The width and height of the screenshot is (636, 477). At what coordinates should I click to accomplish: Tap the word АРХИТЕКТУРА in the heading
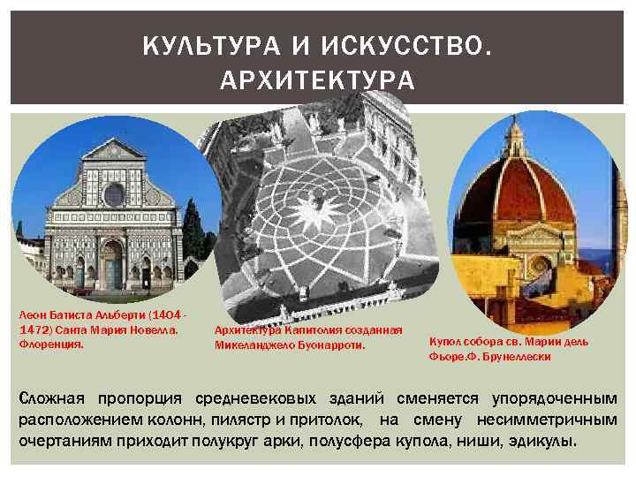[318, 81]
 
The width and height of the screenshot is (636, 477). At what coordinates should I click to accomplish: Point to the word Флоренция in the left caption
[51, 344]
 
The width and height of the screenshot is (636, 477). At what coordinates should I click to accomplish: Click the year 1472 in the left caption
[33, 329]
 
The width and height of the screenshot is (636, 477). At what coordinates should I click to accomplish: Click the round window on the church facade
[114, 193]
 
